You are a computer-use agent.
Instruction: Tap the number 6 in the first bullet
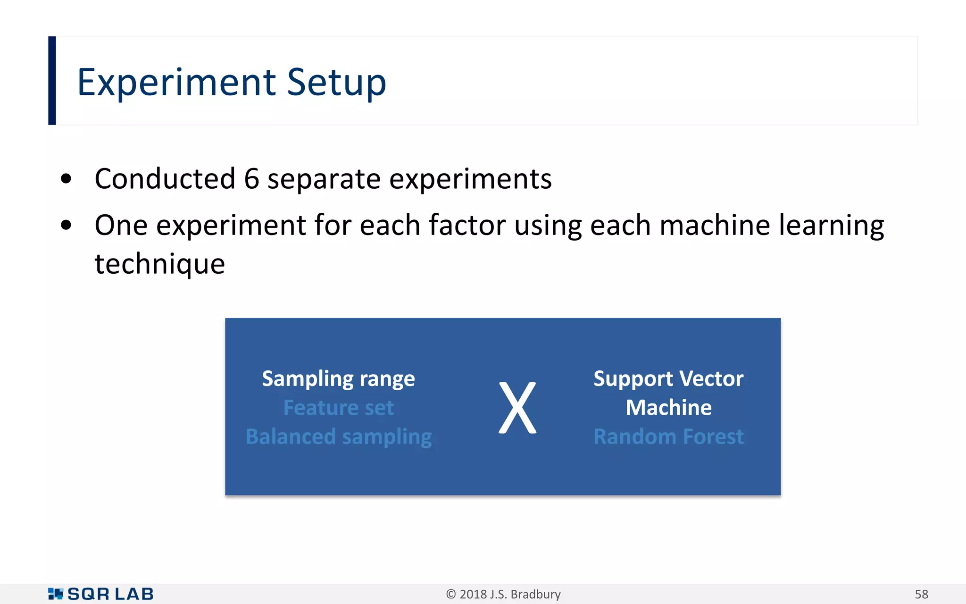(x=252, y=179)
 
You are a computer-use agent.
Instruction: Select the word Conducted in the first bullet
(x=165, y=179)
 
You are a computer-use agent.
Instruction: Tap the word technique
(x=159, y=264)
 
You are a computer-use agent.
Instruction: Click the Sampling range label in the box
(x=338, y=379)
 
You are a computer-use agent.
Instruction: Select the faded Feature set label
(x=338, y=408)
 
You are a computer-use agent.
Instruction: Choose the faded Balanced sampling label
(x=339, y=437)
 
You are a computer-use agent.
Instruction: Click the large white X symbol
(x=517, y=408)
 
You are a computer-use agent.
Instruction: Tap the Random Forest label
(x=668, y=437)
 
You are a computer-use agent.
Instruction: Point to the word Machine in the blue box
(x=668, y=408)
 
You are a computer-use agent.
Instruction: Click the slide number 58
(x=921, y=594)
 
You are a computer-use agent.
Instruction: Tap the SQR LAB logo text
(x=110, y=594)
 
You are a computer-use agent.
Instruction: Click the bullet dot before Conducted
(x=66, y=179)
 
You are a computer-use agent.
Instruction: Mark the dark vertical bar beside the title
(x=52, y=81)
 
